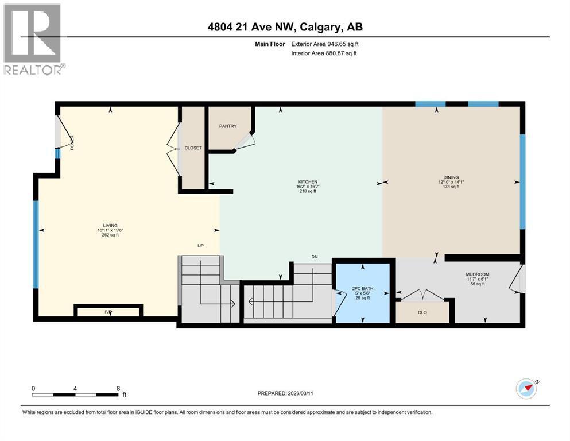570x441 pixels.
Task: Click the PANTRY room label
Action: point(227,126)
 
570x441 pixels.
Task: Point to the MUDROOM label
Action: point(477,274)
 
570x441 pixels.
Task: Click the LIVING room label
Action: point(110,226)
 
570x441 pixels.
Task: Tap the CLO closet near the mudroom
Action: point(422,313)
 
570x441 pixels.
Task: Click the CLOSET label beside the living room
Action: point(193,148)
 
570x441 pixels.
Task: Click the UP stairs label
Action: point(200,246)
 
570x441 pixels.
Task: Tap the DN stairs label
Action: point(314,257)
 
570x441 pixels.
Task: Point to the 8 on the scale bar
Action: point(118,388)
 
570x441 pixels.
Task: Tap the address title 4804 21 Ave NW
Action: point(285,27)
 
